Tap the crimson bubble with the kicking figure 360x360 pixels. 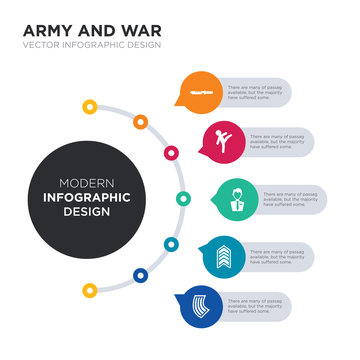222,141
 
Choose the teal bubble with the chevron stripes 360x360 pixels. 222,254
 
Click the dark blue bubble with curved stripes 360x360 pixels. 196,304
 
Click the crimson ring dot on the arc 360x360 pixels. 171,153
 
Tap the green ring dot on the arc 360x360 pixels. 183,198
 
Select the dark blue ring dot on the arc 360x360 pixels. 140,275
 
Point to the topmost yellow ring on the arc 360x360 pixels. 90,106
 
